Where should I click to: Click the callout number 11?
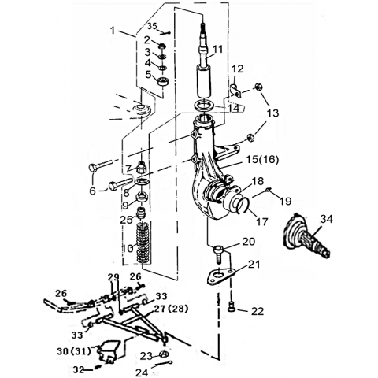point(217,49)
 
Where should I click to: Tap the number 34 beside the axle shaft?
point(326,219)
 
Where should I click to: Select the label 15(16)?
point(262,159)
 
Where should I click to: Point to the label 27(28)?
point(172,309)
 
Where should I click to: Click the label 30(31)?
point(74,350)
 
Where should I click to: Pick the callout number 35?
point(152,26)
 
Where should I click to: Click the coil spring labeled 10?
point(143,242)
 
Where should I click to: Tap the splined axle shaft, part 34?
point(306,236)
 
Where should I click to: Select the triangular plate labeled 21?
point(220,277)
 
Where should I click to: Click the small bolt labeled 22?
point(232,306)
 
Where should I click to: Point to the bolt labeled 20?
point(218,254)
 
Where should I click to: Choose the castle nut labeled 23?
point(164,355)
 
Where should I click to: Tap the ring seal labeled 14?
point(203,105)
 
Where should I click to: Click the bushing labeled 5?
point(163,81)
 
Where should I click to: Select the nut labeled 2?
point(161,46)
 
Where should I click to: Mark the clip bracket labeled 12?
point(235,91)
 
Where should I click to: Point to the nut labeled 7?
point(141,167)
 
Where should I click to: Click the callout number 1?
point(113,31)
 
